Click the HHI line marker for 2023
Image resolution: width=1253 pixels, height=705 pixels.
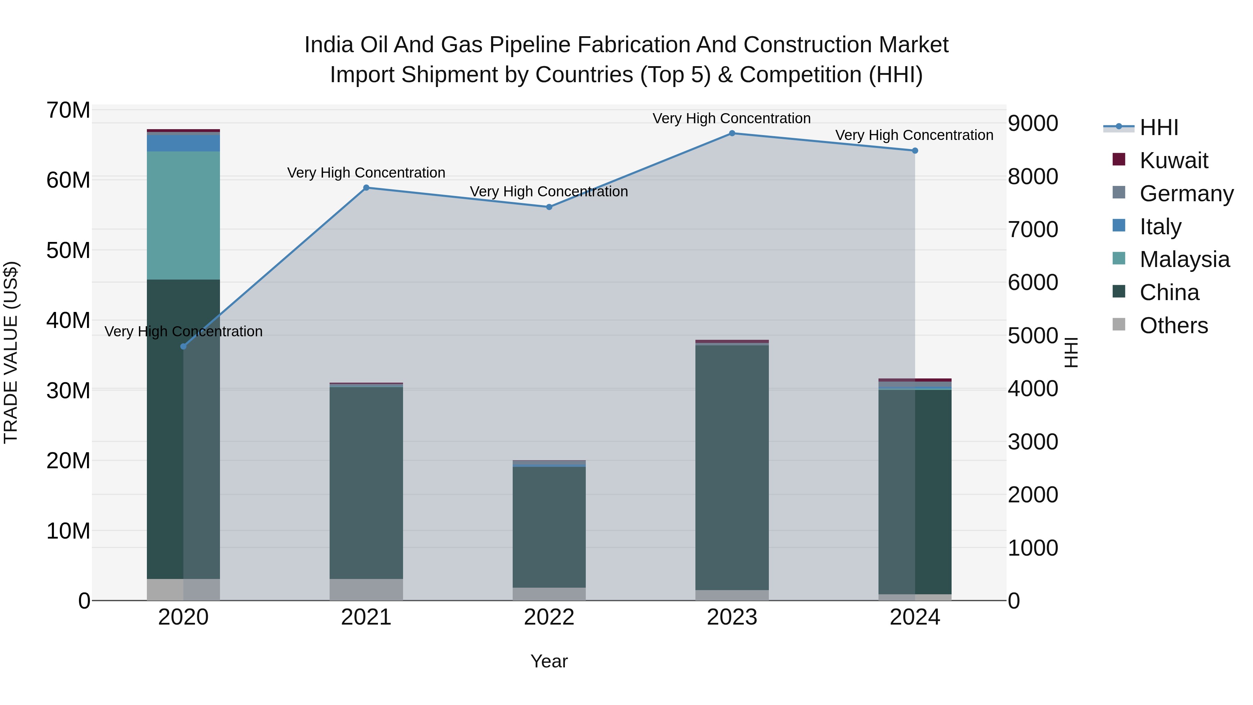(732, 133)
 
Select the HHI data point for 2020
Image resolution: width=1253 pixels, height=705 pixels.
(183, 346)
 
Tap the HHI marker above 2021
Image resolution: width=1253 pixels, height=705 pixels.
(366, 188)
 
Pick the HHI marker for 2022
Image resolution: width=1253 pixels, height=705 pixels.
(549, 207)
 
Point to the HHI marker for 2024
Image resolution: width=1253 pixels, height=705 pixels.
(914, 151)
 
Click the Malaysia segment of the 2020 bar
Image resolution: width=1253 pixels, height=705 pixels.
(183, 215)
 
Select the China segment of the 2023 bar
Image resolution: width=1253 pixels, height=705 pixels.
(732, 467)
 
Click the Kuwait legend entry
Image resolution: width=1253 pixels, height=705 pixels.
(1173, 160)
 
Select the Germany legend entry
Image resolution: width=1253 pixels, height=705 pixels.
(1186, 194)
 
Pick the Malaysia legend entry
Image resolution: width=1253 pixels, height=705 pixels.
(1184, 259)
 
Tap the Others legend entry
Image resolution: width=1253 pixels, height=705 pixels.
(1173, 326)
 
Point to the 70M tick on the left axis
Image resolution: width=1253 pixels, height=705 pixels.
(68, 110)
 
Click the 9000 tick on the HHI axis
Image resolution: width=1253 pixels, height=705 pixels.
(1033, 124)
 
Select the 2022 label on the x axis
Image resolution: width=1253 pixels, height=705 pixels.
(549, 617)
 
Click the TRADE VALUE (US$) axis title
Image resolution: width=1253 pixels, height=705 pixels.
(11, 352)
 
